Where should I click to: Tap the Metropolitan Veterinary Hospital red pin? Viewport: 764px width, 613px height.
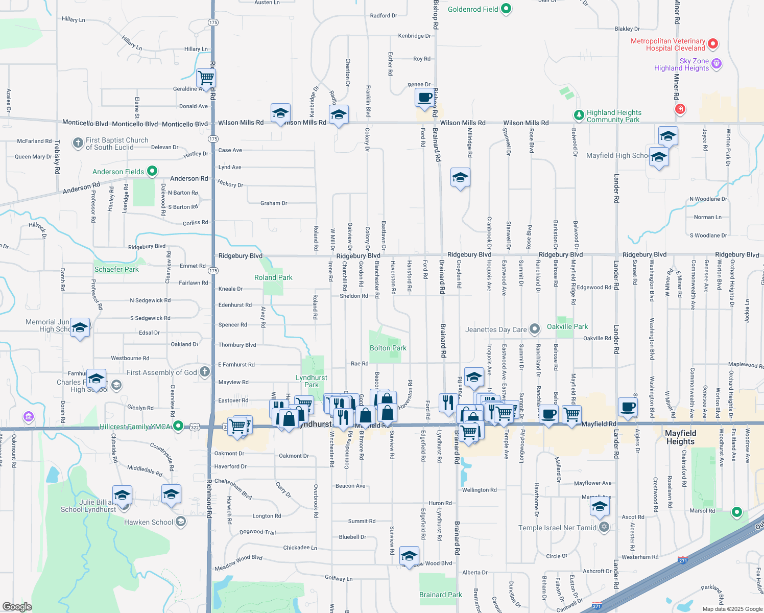713,44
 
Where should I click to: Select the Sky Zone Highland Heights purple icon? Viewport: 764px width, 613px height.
717,63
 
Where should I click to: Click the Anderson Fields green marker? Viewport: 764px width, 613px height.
152,171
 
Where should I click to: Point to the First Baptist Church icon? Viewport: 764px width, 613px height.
78,143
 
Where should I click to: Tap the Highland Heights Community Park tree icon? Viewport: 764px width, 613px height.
579,115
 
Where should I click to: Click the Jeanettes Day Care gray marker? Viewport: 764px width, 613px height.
534,329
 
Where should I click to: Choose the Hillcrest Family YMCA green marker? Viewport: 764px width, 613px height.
178,426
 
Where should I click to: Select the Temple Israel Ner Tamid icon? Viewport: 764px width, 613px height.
604,527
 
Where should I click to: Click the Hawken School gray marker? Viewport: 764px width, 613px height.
180,522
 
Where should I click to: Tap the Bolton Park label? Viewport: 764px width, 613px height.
388,348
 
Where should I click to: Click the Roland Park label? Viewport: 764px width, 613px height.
273,277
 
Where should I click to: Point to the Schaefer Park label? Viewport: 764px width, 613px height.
116,269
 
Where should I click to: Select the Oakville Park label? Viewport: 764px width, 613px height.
567,326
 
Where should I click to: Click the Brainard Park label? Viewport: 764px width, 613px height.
440,595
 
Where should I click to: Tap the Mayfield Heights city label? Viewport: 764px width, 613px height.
680,437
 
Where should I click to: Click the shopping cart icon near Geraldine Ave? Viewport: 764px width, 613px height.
206,78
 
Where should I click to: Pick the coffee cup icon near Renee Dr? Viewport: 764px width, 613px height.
424,97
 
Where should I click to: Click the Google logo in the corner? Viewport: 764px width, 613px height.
17,606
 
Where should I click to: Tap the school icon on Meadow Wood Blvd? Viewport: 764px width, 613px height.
410,555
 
